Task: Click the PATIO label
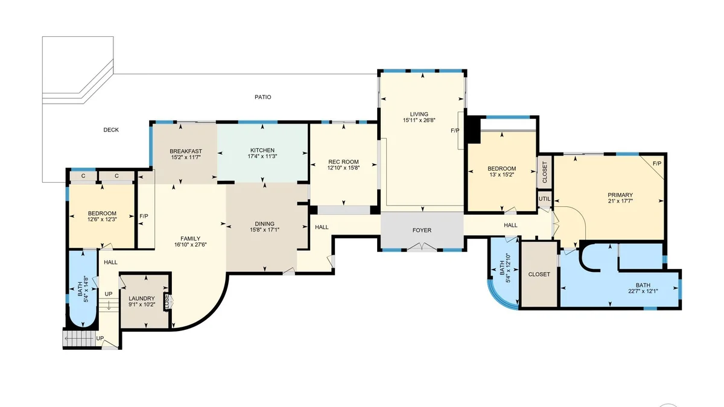263,97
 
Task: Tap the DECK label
111,130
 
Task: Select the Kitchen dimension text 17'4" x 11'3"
262,156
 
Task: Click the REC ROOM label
343,162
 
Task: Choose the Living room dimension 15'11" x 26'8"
419,120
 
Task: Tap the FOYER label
422,230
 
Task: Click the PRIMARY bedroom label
620,195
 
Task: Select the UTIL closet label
545,199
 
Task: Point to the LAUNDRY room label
142,298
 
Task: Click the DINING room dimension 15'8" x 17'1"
265,230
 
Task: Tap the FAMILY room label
191,239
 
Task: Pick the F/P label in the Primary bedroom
657,164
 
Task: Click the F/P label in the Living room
455,130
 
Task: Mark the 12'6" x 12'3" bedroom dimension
102,219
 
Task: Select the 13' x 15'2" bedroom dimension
501,174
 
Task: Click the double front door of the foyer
422,247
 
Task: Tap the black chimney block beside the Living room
473,129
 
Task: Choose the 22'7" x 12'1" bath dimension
643,291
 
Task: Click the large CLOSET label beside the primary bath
539,274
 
